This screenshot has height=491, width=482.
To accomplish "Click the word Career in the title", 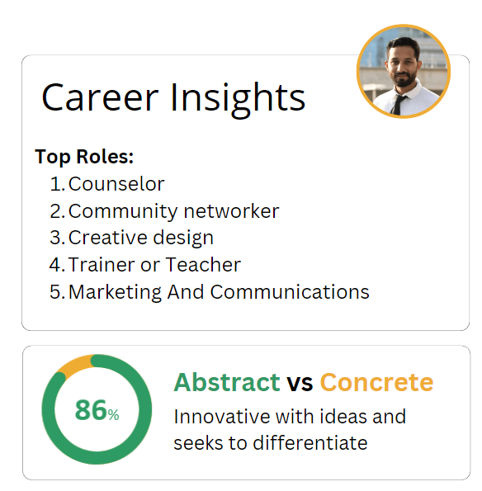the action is point(100,97).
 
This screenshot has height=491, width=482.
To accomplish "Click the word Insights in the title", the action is point(238,99).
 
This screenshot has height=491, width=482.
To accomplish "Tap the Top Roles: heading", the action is point(84,156).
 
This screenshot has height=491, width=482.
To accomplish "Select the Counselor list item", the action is point(116,184).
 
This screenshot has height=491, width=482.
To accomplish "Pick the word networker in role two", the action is point(231,211).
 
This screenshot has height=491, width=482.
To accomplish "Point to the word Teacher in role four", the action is point(203,265).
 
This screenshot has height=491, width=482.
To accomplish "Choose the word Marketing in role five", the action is point(115,292).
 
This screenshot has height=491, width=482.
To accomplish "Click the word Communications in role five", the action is point(290,292).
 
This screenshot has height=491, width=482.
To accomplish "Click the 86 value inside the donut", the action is point(91,410).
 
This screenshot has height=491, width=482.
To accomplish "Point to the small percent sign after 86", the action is point(113,415).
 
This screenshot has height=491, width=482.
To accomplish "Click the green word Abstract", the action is point(227,382).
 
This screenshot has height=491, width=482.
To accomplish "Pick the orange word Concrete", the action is point(376,382).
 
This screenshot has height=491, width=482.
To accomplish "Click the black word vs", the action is point(300,385).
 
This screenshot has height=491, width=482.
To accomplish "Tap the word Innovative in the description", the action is point(223,417).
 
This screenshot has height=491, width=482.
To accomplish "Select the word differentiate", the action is point(310,443).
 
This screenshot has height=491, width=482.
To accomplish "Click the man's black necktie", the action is point(399,104).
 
